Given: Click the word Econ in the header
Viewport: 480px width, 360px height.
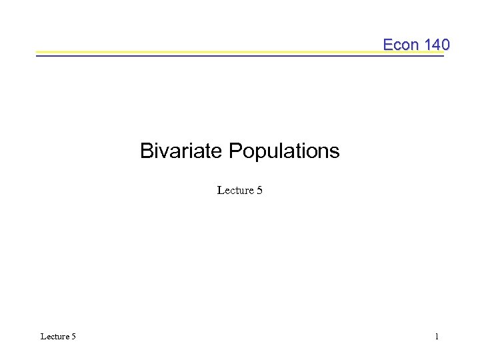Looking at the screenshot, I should coord(401,45).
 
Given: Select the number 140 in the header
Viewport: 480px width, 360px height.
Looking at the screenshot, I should coord(437,45).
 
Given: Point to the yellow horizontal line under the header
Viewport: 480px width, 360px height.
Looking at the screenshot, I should coord(200,51).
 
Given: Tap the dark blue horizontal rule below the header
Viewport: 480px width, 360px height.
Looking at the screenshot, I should coord(200,55).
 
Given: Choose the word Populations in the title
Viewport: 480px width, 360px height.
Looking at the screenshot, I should coord(284,151).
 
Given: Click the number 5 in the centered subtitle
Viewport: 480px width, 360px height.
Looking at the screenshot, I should coord(259,191).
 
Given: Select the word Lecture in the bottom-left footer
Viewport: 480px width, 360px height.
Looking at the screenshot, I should coord(55,337).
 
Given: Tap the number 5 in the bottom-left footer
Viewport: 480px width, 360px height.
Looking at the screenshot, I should coord(73,337).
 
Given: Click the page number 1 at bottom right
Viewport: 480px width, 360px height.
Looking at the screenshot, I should coord(437,337).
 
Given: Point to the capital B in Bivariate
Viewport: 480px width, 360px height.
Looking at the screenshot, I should coord(146,151).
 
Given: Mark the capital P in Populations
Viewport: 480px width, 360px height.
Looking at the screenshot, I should coord(235,151).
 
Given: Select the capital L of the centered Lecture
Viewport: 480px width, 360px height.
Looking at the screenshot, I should coord(221,191).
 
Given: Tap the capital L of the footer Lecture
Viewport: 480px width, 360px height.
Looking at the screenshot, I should coord(43,337).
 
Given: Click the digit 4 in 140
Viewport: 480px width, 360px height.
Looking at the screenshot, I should coord(437,45).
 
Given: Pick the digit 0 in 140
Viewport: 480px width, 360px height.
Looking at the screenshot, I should coord(445,45).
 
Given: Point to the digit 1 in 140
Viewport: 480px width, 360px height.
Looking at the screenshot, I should coord(428,45).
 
